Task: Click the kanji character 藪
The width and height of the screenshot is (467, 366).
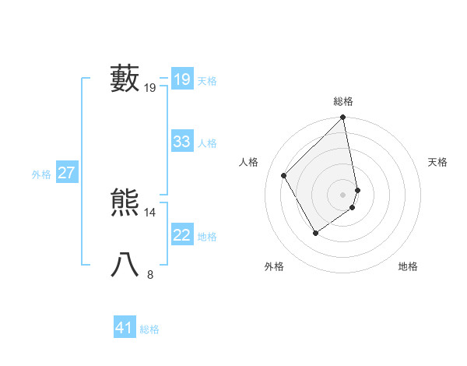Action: pos(125,79)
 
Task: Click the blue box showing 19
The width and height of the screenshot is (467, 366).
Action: pos(181,79)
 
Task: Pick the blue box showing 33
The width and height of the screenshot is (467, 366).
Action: pos(181,142)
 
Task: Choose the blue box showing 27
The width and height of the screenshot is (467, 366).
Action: pos(66,173)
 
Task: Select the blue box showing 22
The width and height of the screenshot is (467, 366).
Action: pos(181,235)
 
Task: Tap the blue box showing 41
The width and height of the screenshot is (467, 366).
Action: pos(125,328)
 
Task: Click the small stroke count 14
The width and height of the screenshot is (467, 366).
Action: pos(150,212)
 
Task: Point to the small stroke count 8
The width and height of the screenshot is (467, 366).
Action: pos(150,274)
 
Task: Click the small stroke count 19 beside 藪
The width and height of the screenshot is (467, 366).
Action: pos(150,88)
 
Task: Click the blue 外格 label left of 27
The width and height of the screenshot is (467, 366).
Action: pos(41,174)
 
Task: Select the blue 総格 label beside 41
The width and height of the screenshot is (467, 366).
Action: pos(149,329)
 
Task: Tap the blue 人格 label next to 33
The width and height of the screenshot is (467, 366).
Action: pos(207,143)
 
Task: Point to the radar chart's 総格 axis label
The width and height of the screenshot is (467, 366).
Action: pos(343,101)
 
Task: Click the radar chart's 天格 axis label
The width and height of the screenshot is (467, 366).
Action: pos(438,162)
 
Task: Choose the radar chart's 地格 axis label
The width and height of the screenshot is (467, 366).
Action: pos(408,266)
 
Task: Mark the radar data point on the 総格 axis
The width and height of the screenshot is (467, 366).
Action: pos(343,118)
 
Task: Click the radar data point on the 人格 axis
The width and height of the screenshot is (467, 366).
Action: pos(284,175)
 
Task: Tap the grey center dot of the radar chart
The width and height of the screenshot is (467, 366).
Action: pos(343,194)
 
